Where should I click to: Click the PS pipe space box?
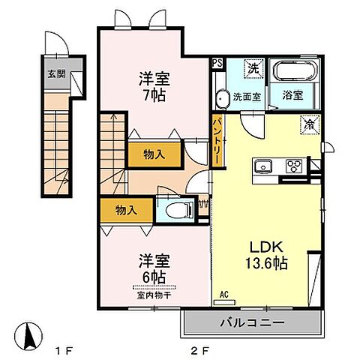click(x=217, y=64)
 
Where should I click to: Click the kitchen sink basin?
click(x=267, y=167)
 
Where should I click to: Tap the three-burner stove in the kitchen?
click(x=293, y=167)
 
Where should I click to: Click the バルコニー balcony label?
click(x=252, y=323)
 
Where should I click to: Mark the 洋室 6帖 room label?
click(x=152, y=268)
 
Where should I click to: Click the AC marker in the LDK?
click(x=223, y=295)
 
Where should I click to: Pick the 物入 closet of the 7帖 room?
click(x=154, y=154)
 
